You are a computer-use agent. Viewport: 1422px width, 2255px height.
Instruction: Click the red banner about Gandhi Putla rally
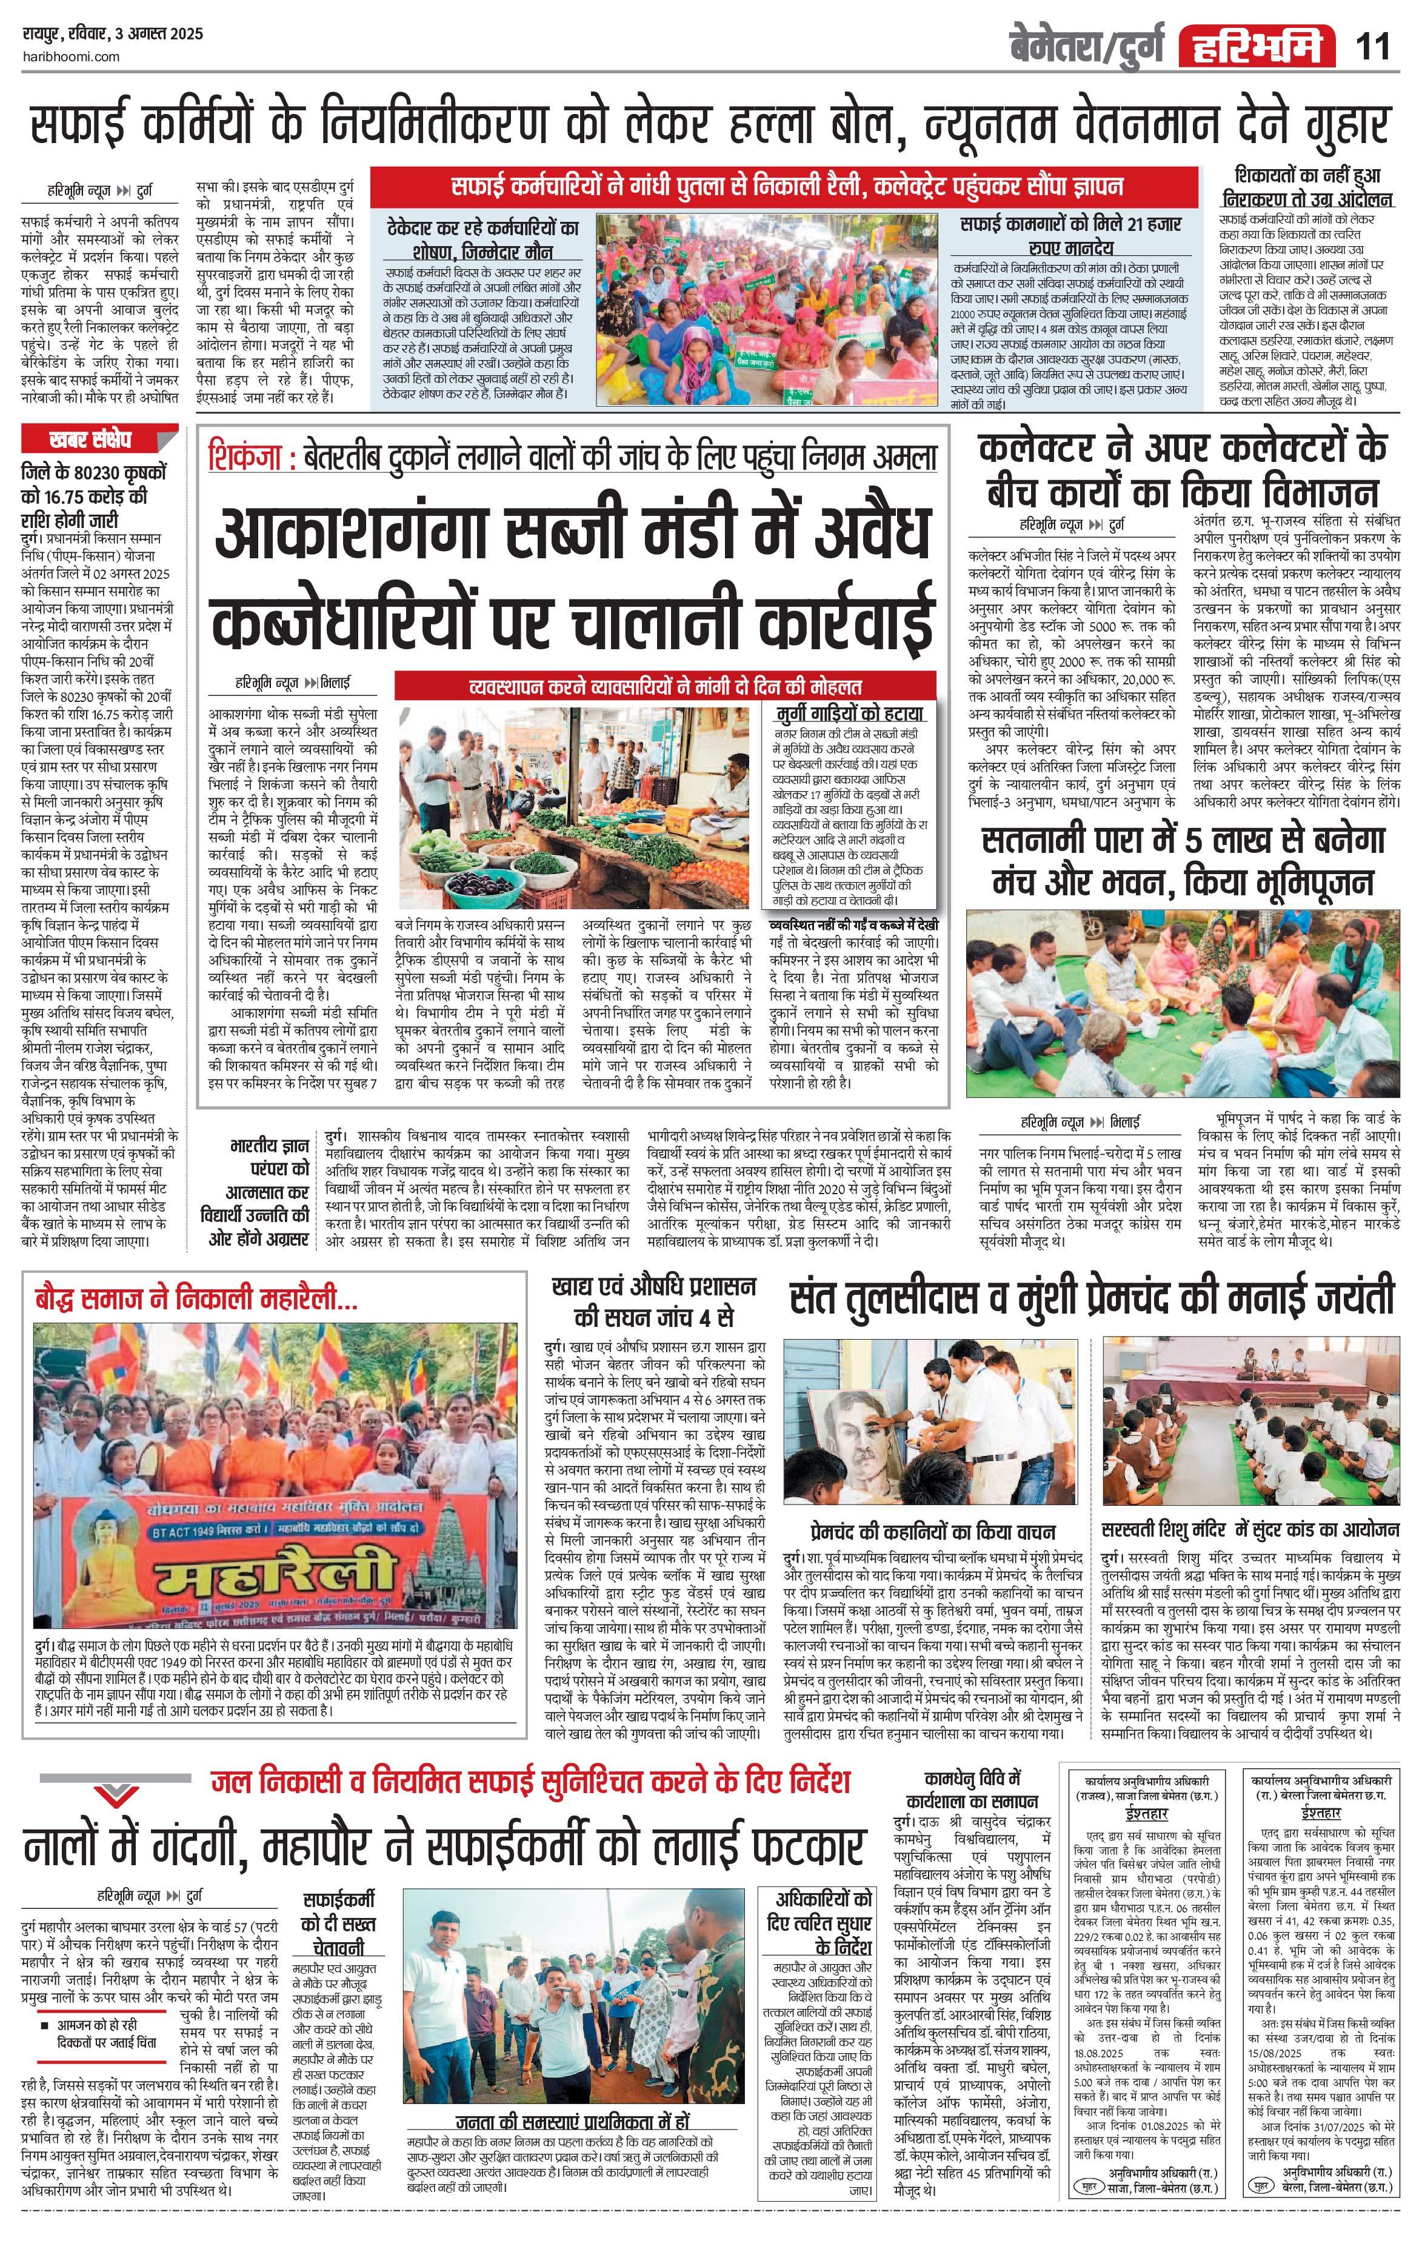coord(783,186)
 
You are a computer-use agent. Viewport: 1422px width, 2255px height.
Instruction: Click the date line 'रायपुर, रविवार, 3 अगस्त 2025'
coord(112,34)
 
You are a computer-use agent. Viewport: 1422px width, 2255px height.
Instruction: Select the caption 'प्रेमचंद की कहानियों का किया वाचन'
coord(932,1532)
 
